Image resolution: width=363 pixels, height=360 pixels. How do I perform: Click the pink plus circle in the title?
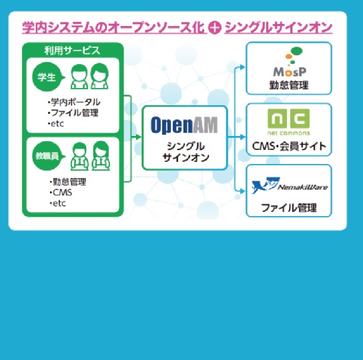coord(214,27)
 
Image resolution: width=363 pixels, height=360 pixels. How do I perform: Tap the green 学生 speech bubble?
coord(48,77)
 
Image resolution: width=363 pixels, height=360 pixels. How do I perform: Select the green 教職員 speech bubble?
coord(48,156)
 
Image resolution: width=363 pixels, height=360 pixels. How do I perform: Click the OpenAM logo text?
coord(184,125)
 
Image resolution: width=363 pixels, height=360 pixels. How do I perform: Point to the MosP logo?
coord(290,62)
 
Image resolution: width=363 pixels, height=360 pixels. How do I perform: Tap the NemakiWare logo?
coord(290,185)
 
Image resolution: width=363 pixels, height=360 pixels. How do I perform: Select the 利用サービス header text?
coord(72,51)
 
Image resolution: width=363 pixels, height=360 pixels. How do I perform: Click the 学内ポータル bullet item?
coord(74,102)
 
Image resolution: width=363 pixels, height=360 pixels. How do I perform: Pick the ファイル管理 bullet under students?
coord(73,113)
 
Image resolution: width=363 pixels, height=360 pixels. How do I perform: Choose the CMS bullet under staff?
coord(61,193)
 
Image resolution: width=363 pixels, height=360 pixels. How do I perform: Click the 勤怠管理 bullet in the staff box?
coord(68,182)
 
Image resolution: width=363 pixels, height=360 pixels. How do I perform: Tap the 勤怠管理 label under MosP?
coord(289,85)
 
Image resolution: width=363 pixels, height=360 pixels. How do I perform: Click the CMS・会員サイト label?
coord(289,146)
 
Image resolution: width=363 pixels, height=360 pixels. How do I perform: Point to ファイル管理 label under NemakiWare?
coord(289,208)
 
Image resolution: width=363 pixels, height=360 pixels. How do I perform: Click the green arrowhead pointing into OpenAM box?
coord(138,137)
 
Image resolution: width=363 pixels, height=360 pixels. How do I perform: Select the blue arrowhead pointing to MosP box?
coord(242,67)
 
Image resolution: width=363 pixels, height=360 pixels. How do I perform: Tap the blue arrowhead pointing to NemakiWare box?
coord(242,191)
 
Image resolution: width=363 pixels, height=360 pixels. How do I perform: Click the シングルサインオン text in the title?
coord(278,28)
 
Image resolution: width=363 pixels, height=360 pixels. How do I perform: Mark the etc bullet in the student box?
coord(55,124)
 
